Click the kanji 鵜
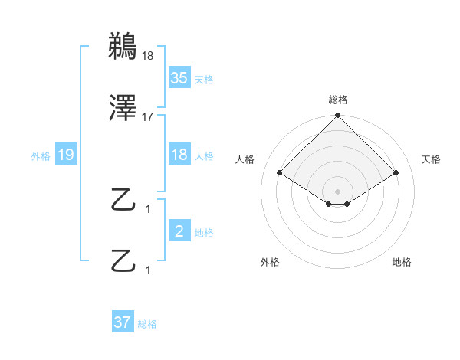click(123, 47)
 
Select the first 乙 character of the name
click(123, 201)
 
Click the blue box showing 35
click(179, 77)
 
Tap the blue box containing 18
click(179, 155)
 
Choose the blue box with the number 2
click(179, 231)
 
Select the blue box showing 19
click(66, 155)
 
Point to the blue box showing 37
click(123, 322)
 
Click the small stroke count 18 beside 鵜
click(147, 55)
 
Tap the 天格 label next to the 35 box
click(204, 79)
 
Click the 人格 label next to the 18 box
click(204, 156)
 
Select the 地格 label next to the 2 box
click(204, 233)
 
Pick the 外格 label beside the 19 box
click(41, 156)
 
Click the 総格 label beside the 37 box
click(147, 324)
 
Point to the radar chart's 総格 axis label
click(337, 100)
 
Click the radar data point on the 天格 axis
click(396, 173)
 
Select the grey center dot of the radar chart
click(337, 190)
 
